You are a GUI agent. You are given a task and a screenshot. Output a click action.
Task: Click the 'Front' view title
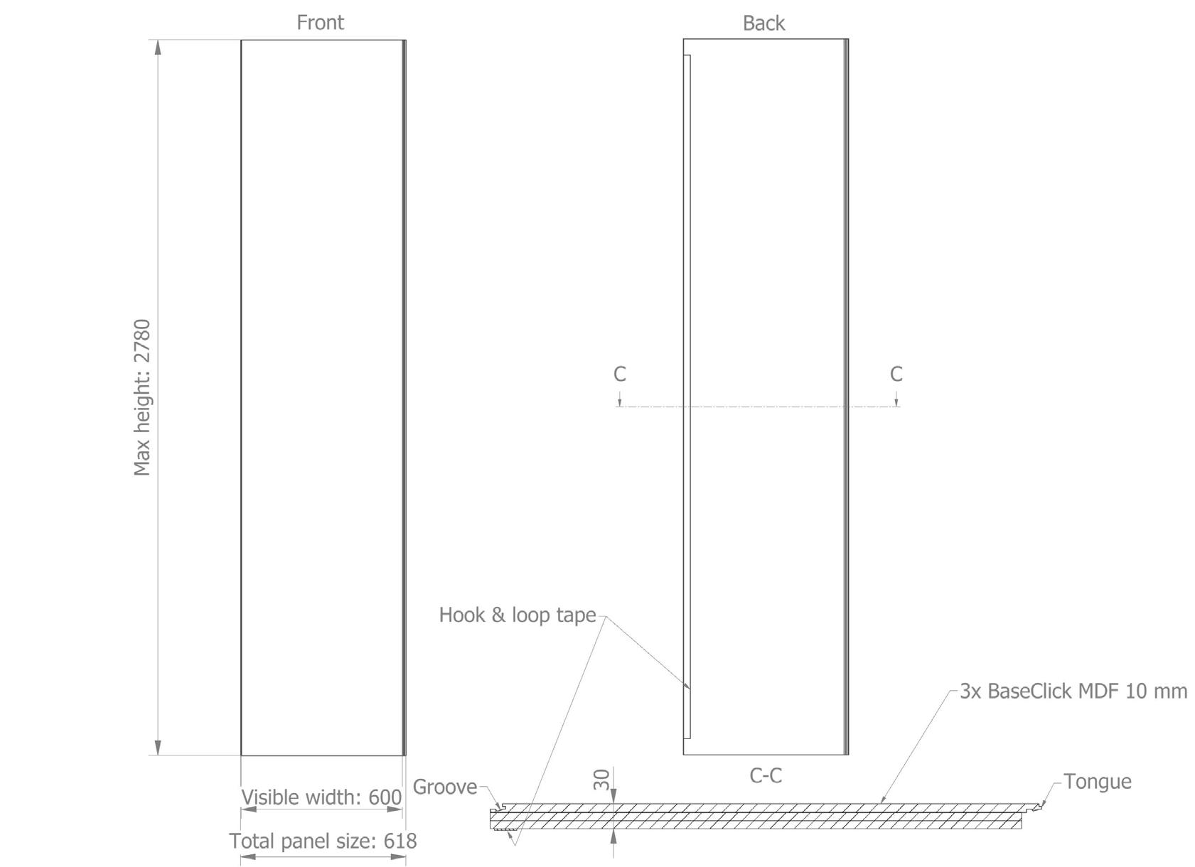[x=320, y=23]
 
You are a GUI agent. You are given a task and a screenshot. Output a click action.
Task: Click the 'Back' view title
[x=763, y=23]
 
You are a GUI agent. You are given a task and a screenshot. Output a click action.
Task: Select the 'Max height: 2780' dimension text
[x=142, y=397]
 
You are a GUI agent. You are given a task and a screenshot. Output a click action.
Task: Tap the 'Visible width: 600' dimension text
[x=321, y=797]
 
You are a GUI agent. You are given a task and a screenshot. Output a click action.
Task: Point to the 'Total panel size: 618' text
[x=323, y=841]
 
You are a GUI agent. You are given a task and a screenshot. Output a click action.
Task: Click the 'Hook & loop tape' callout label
[x=517, y=615]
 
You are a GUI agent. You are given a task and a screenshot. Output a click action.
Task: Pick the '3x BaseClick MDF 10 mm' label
[x=1073, y=691]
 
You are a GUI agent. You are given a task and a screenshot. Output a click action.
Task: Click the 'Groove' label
[x=445, y=787]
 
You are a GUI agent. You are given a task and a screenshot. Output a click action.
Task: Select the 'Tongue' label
[x=1097, y=782]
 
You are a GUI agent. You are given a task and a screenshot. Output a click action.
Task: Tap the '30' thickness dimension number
[x=601, y=780]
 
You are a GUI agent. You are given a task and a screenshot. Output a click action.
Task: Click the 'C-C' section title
[x=766, y=775]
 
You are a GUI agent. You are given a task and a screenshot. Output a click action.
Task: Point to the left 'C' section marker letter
[x=620, y=374]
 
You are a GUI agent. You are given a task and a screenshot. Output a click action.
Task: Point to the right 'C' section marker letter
[x=896, y=374]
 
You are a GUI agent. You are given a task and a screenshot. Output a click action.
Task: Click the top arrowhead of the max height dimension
[x=158, y=47]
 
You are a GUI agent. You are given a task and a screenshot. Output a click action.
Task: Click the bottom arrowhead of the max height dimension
[x=158, y=748]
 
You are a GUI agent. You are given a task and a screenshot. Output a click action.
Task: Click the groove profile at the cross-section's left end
[x=498, y=809]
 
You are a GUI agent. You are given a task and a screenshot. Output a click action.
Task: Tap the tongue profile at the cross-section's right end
[x=1039, y=806]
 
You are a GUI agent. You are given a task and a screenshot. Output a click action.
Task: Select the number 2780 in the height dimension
[x=142, y=345]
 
